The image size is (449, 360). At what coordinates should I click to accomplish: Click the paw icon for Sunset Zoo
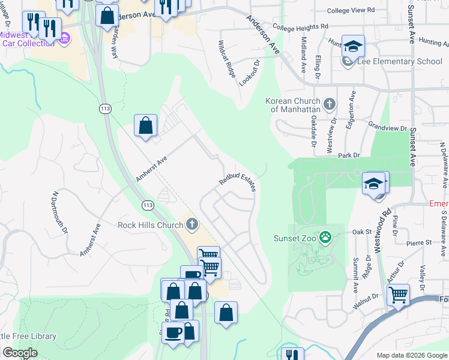[x=325, y=238]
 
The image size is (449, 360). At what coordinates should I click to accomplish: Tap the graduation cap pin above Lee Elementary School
[x=354, y=45]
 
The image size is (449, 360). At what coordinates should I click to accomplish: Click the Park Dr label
[x=348, y=155]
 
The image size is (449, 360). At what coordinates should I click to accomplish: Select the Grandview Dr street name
[x=388, y=127]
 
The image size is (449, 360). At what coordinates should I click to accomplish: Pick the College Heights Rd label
[x=300, y=27]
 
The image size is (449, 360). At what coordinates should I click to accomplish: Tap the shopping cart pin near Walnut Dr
[x=398, y=295]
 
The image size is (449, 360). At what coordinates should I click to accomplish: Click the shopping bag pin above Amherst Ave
[x=145, y=125]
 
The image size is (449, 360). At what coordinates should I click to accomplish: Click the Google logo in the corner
[x=20, y=353]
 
